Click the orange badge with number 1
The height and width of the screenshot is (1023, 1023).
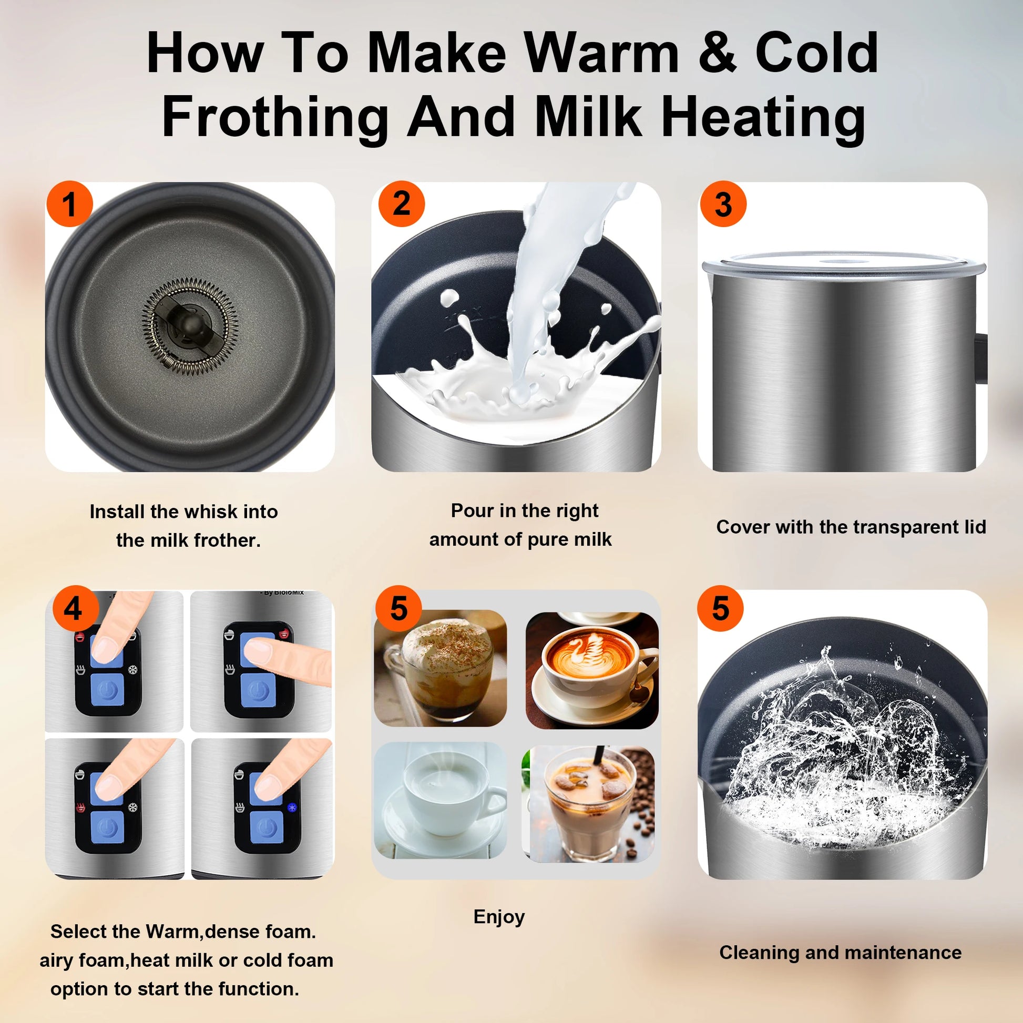(x=69, y=204)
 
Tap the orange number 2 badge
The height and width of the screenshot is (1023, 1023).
(x=401, y=203)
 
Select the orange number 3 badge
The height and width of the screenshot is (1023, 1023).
(x=723, y=204)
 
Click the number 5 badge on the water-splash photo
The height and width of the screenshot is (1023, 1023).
(x=720, y=608)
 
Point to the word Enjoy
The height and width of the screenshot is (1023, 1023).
(x=499, y=917)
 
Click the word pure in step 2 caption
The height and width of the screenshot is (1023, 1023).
(x=545, y=539)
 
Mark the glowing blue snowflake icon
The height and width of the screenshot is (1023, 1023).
(x=291, y=807)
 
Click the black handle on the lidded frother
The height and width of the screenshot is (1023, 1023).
(x=981, y=357)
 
